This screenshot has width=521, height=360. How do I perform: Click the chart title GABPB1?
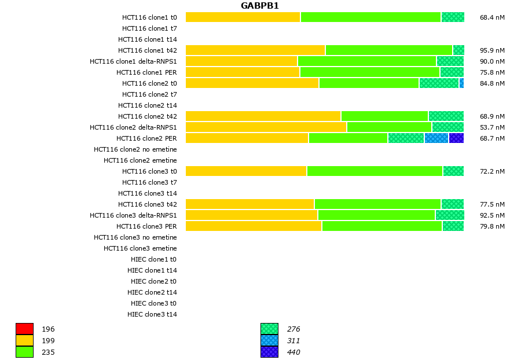(260, 6)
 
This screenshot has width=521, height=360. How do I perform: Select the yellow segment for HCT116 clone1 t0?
(243, 17)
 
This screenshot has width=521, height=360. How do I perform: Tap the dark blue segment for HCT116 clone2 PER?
(456, 138)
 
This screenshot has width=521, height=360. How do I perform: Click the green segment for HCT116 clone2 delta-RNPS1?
(389, 127)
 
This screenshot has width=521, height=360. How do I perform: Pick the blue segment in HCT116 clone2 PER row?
(436, 138)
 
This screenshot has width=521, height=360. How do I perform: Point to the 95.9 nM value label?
(492, 50)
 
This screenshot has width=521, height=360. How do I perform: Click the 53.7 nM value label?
(492, 127)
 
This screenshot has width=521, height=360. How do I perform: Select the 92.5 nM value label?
(492, 215)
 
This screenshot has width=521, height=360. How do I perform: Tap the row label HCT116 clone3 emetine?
(140, 248)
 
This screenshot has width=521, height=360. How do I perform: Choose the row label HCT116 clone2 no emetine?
(135, 149)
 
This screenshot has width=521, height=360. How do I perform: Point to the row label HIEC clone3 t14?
(152, 314)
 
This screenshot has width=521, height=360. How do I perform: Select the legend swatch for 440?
(269, 352)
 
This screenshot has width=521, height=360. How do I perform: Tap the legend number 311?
(293, 340)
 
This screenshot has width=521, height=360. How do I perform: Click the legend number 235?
(48, 352)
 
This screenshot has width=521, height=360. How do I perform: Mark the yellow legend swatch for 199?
(24, 340)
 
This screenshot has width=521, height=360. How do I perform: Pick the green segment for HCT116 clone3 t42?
(377, 204)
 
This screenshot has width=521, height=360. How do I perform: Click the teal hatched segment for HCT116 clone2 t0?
(439, 83)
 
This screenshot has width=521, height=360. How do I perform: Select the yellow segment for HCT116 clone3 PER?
(254, 226)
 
